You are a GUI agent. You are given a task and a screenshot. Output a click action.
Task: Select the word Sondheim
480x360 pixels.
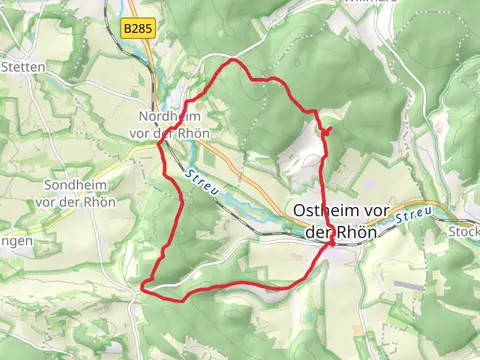coord(75,186)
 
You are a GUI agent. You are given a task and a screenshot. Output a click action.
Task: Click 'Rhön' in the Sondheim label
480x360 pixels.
coord(101,201)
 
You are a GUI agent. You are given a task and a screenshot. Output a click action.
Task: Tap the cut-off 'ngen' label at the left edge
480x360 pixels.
coord(16,241)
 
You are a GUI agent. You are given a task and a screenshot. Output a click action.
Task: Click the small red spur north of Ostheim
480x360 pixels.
coord(326,131)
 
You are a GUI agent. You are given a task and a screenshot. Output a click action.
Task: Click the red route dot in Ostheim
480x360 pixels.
coord(330,242)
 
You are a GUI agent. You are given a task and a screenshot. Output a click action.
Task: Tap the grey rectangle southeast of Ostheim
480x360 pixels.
coord(408,284)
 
